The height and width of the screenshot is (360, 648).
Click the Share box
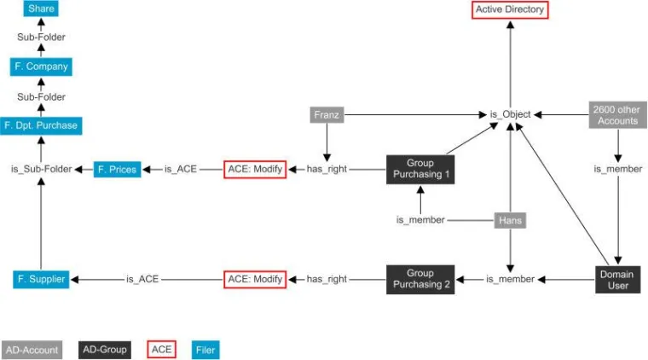41,9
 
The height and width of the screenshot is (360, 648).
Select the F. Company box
41,67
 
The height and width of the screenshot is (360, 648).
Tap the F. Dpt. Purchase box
41,125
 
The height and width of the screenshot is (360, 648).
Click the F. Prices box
117,169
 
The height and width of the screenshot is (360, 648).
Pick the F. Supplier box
41,279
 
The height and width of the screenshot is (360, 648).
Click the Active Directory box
510,10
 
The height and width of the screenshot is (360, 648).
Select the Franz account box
327,114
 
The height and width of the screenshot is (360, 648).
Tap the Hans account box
510,220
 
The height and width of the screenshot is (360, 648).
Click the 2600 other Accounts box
617,114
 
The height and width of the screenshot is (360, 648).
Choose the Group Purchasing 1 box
419,169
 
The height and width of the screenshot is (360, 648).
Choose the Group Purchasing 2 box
419,279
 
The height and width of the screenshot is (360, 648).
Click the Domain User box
617,279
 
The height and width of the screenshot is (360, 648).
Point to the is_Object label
510,114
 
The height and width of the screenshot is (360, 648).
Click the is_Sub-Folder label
39,169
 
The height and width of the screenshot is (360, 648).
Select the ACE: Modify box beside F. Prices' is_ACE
255,169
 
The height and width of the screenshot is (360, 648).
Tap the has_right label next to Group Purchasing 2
327,279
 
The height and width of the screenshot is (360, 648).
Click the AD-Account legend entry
32,349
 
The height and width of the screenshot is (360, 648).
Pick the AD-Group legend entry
105,349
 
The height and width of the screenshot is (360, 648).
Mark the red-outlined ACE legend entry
162,349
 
